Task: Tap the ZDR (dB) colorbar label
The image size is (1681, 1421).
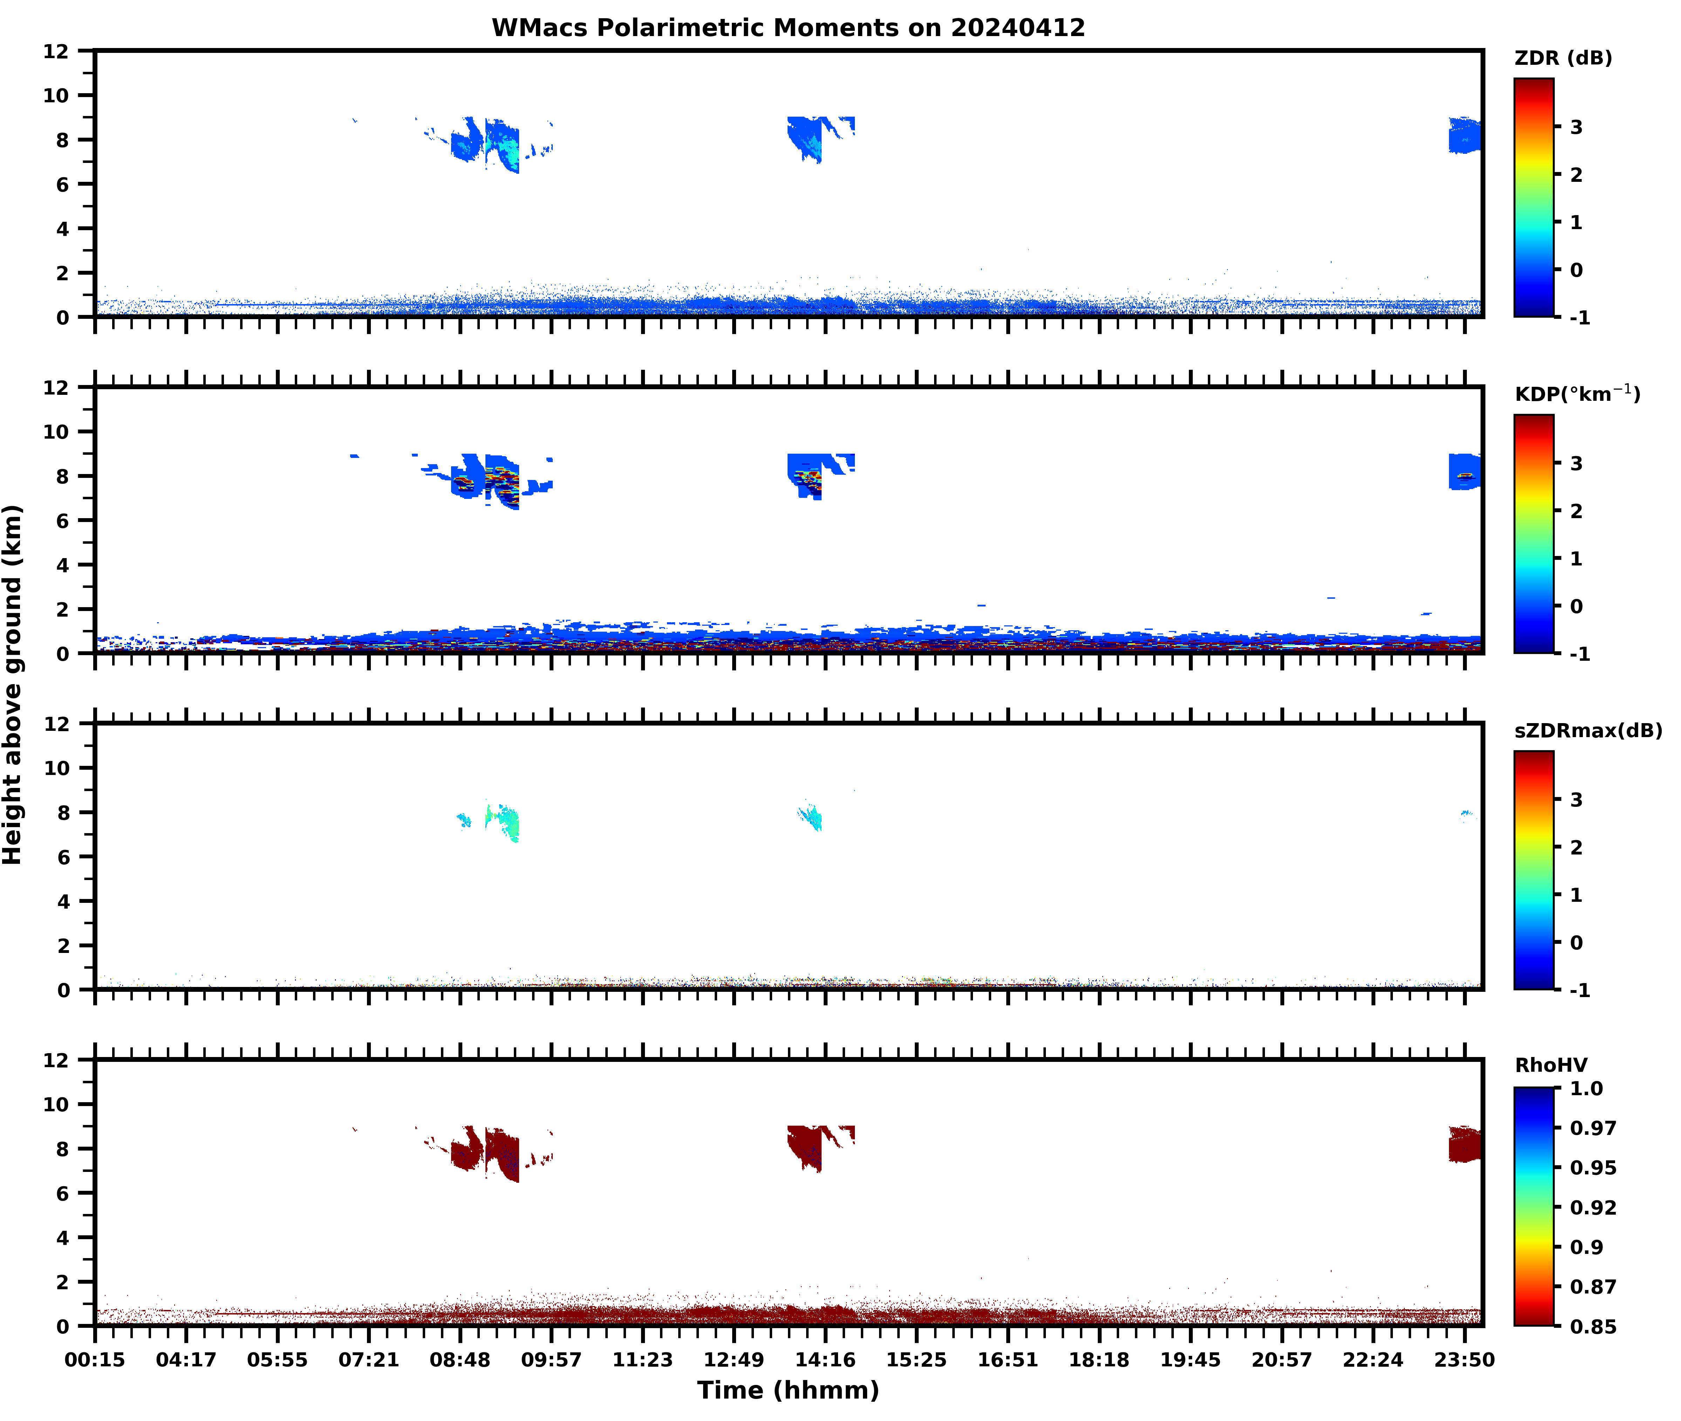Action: (1563, 58)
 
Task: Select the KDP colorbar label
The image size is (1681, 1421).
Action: (1576, 394)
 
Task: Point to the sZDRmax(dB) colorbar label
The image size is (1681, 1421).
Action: (1587, 730)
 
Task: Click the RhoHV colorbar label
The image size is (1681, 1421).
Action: (1551, 1065)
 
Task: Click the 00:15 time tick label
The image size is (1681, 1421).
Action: (95, 1360)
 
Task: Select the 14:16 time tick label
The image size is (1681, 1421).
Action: (825, 1360)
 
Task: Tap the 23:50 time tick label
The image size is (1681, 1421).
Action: (1464, 1360)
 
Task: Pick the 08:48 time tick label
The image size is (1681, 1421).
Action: (460, 1360)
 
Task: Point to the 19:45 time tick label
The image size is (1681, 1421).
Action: (1190, 1360)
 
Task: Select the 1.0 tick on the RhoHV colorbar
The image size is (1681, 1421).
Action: (1586, 1088)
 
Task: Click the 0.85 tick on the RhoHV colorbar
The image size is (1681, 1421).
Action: (1592, 1326)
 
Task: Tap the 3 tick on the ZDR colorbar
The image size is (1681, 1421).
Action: (1576, 127)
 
